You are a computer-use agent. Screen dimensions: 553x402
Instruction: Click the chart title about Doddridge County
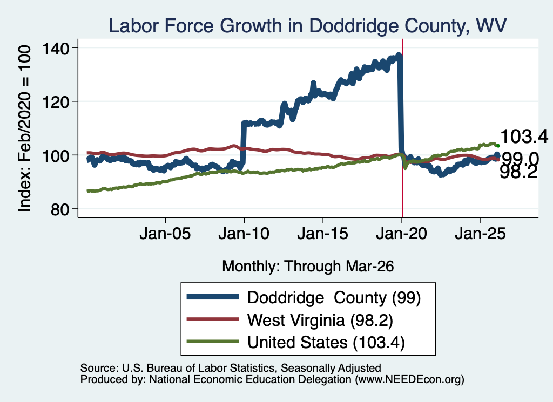(x=307, y=26)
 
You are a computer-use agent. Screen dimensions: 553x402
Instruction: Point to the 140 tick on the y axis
(x=56, y=48)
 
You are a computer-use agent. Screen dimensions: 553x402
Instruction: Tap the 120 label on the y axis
(x=56, y=102)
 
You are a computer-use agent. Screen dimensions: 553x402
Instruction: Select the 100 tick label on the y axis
(x=56, y=156)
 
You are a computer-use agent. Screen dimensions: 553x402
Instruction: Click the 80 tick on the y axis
(x=60, y=209)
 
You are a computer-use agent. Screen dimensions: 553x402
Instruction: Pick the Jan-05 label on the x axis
(x=165, y=234)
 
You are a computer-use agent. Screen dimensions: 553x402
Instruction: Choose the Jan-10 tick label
(x=244, y=234)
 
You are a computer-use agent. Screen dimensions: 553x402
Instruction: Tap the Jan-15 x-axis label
(x=323, y=234)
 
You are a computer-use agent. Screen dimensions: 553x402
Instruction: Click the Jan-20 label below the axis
(x=401, y=234)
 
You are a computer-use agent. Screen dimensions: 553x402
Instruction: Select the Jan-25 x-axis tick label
(x=480, y=234)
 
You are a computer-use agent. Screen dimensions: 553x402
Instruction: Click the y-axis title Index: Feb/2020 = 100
(x=24, y=128)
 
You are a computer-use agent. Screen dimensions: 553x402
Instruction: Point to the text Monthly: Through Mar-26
(x=308, y=267)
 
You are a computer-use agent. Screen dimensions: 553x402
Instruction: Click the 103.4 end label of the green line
(x=524, y=137)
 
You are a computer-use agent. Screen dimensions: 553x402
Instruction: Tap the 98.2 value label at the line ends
(x=518, y=173)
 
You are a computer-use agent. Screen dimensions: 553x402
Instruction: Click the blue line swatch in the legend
(x=213, y=297)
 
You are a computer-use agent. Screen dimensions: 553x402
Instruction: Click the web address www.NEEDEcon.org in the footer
(x=409, y=379)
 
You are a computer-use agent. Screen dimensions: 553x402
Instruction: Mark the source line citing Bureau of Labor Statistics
(x=231, y=368)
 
